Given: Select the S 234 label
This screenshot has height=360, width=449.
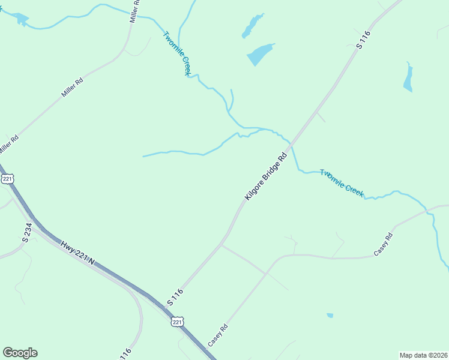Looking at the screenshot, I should click(x=27, y=232).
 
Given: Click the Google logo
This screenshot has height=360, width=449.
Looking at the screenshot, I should click(x=20, y=353).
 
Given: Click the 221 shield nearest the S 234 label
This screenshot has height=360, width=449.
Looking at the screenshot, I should click(x=7, y=179).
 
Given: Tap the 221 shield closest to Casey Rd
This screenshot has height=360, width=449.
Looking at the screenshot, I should click(x=176, y=323).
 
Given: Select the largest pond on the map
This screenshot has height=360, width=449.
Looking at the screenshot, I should click(x=260, y=55).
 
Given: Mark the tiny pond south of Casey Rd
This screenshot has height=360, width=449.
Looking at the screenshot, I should click(x=330, y=315).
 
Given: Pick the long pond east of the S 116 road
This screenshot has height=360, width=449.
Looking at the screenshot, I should click(x=408, y=78).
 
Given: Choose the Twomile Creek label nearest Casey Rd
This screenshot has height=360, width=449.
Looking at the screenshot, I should click(x=342, y=183).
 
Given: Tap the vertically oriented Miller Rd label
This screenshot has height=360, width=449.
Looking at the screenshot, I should click(x=136, y=12).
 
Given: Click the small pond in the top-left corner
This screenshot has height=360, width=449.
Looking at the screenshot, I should click(x=22, y=20).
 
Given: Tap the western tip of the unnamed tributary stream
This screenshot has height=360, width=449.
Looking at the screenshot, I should click(x=143, y=157).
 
